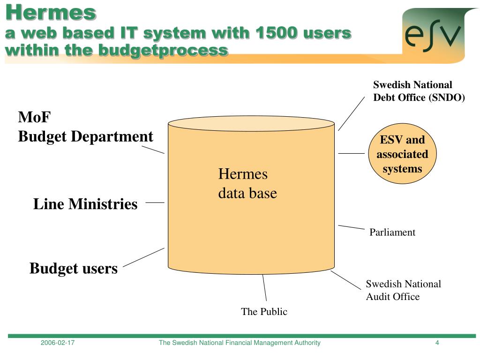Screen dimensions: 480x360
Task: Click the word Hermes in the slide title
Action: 51,12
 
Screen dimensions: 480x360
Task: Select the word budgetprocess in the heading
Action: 163,49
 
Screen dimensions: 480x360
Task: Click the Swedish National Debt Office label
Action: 419,91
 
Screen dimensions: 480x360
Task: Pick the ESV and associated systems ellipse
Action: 402,154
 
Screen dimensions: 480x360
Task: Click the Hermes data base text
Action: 247,183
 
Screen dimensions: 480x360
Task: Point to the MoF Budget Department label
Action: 85,127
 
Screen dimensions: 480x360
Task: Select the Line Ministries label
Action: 85,204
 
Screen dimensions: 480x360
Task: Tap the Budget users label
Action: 73,269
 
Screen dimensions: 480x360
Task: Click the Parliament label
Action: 392,232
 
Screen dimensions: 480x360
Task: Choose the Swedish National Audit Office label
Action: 403,290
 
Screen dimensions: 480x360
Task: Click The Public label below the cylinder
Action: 264,312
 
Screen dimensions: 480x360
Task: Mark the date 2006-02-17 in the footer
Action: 58,343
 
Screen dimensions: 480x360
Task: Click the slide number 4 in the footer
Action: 437,343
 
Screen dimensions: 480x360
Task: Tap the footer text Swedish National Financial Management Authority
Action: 240,343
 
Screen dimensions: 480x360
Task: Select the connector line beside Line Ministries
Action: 155,202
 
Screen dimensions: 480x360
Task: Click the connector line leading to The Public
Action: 264,287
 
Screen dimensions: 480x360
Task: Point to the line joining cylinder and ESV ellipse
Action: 351,153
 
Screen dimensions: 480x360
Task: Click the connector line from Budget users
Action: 143,257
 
